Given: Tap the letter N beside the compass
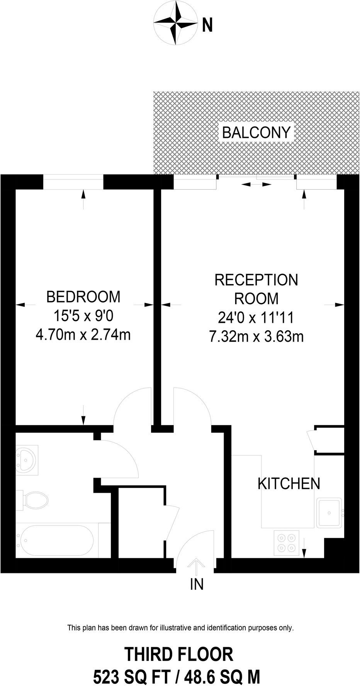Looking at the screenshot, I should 207,25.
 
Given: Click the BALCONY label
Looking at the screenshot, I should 256,133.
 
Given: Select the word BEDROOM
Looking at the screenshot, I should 83,297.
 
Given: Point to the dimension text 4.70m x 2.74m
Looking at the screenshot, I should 83,334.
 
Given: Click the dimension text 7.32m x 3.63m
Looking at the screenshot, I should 256,337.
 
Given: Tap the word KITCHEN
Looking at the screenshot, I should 289,483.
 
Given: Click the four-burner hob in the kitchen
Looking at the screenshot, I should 286,543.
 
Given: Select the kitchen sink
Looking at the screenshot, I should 329,512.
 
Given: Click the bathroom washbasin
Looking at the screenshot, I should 26,459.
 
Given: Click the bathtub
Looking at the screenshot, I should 54,540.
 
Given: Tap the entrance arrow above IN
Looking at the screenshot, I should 196,567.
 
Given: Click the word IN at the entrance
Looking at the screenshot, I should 197,585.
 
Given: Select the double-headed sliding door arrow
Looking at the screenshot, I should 256,185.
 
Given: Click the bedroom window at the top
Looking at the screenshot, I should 73,182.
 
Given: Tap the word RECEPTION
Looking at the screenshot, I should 256,280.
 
